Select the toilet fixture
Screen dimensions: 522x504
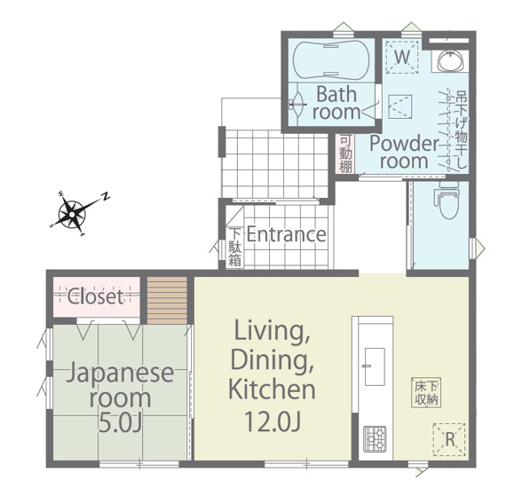pyautogui.click(x=448, y=200)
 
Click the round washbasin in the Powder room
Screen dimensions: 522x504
pyautogui.click(x=450, y=61)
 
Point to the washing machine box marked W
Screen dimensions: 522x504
pyautogui.click(x=402, y=57)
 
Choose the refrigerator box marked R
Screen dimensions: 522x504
pyautogui.click(x=449, y=439)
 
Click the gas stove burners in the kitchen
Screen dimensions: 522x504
pyautogui.click(x=375, y=439)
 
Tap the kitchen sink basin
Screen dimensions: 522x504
pyautogui.click(x=375, y=366)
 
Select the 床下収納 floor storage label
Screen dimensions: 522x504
pyautogui.click(x=426, y=392)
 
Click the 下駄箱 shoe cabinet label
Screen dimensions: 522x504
pyautogui.click(x=235, y=247)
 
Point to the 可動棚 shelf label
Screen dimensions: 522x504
pyautogui.click(x=346, y=154)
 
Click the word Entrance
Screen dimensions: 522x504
pyautogui.click(x=286, y=234)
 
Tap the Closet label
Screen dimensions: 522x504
pyautogui.click(x=96, y=296)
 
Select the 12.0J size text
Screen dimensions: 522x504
pyautogui.click(x=273, y=421)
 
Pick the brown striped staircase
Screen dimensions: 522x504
pyautogui.click(x=167, y=301)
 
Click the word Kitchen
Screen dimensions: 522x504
pyautogui.click(x=272, y=390)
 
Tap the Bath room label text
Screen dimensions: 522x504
pyautogui.click(x=336, y=103)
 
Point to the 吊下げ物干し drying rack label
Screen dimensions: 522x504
pyautogui.click(x=462, y=130)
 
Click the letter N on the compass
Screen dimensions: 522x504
pyautogui.click(x=106, y=196)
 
